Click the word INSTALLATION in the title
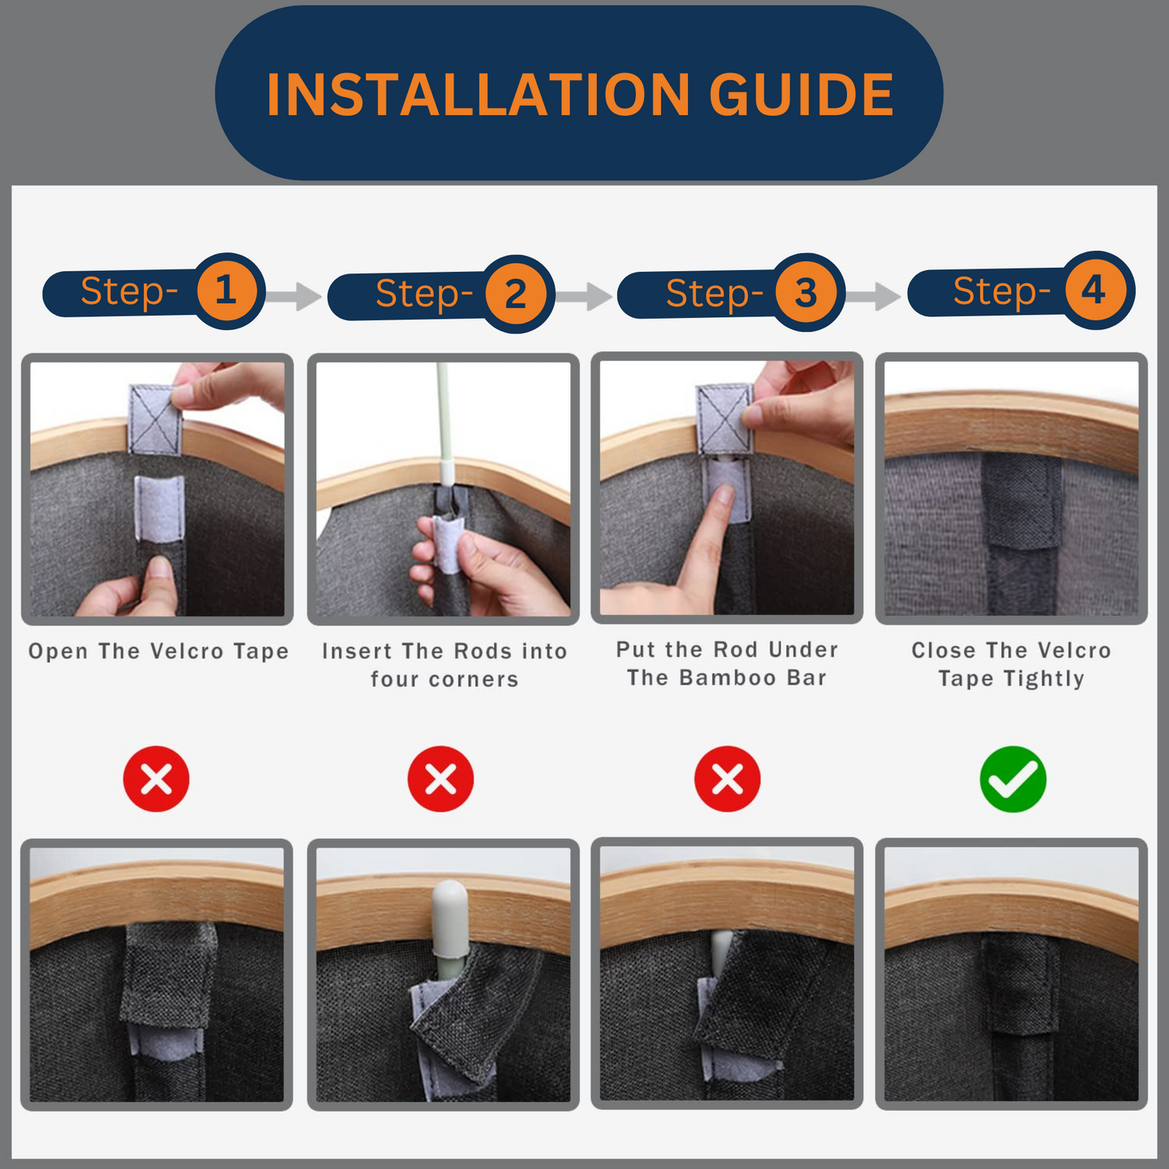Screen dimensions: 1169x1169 tap(478, 94)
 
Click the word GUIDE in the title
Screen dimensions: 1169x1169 tap(802, 94)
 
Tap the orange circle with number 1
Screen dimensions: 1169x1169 tap(226, 290)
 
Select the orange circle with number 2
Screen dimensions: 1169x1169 tap(515, 294)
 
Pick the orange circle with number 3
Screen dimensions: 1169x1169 tap(805, 292)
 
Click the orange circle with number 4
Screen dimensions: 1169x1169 tap(1095, 290)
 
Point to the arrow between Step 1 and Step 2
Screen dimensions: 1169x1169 tap(294, 297)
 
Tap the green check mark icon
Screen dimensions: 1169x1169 tap(1013, 779)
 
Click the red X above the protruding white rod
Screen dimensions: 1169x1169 tap(440, 779)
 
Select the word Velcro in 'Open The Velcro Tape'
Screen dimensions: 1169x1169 tap(187, 651)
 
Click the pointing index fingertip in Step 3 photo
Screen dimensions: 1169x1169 tap(722, 497)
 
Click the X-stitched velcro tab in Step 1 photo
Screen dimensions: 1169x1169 tap(155, 419)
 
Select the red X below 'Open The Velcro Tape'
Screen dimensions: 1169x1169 tap(156, 779)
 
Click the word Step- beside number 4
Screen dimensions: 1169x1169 tap(1002, 292)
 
